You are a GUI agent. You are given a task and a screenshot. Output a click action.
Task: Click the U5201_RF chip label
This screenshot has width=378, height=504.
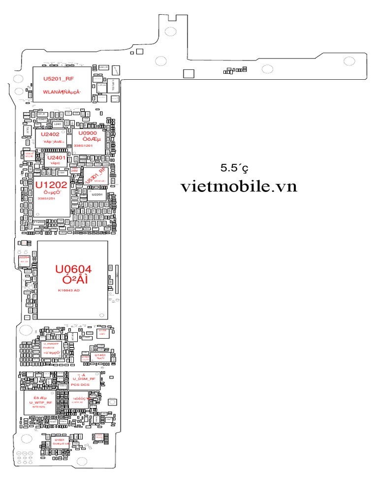(x=59, y=78)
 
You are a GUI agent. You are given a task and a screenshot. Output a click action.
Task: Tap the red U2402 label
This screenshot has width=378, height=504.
(x=50, y=134)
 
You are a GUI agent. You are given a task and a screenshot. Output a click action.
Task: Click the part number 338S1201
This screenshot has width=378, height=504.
(x=83, y=146)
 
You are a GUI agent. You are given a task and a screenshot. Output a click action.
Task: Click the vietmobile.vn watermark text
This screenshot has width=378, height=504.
(x=239, y=187)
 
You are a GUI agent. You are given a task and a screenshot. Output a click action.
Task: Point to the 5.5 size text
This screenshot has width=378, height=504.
(x=234, y=168)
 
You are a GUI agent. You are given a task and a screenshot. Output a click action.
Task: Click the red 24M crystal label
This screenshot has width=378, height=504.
(x=74, y=170)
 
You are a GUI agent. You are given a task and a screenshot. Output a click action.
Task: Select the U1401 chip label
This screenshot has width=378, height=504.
(x=100, y=355)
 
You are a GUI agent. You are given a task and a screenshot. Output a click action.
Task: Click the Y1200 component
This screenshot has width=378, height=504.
(x=38, y=222)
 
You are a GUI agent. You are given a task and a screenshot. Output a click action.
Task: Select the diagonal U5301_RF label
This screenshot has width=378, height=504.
(x=95, y=176)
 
